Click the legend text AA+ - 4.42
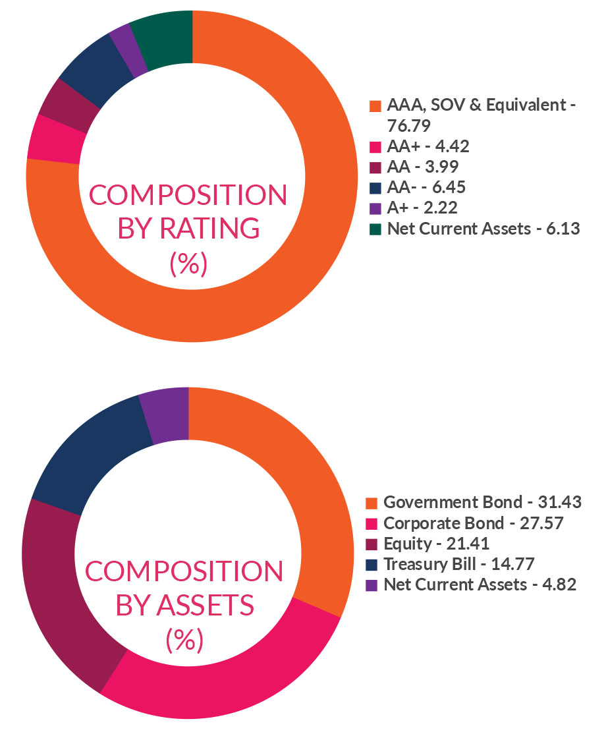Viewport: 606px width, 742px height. [428, 146]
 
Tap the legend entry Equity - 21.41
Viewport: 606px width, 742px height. [436, 544]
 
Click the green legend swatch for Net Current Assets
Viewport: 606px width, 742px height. [375, 229]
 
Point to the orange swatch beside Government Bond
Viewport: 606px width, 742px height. [371, 503]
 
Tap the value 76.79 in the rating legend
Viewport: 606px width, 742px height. [411, 125]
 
